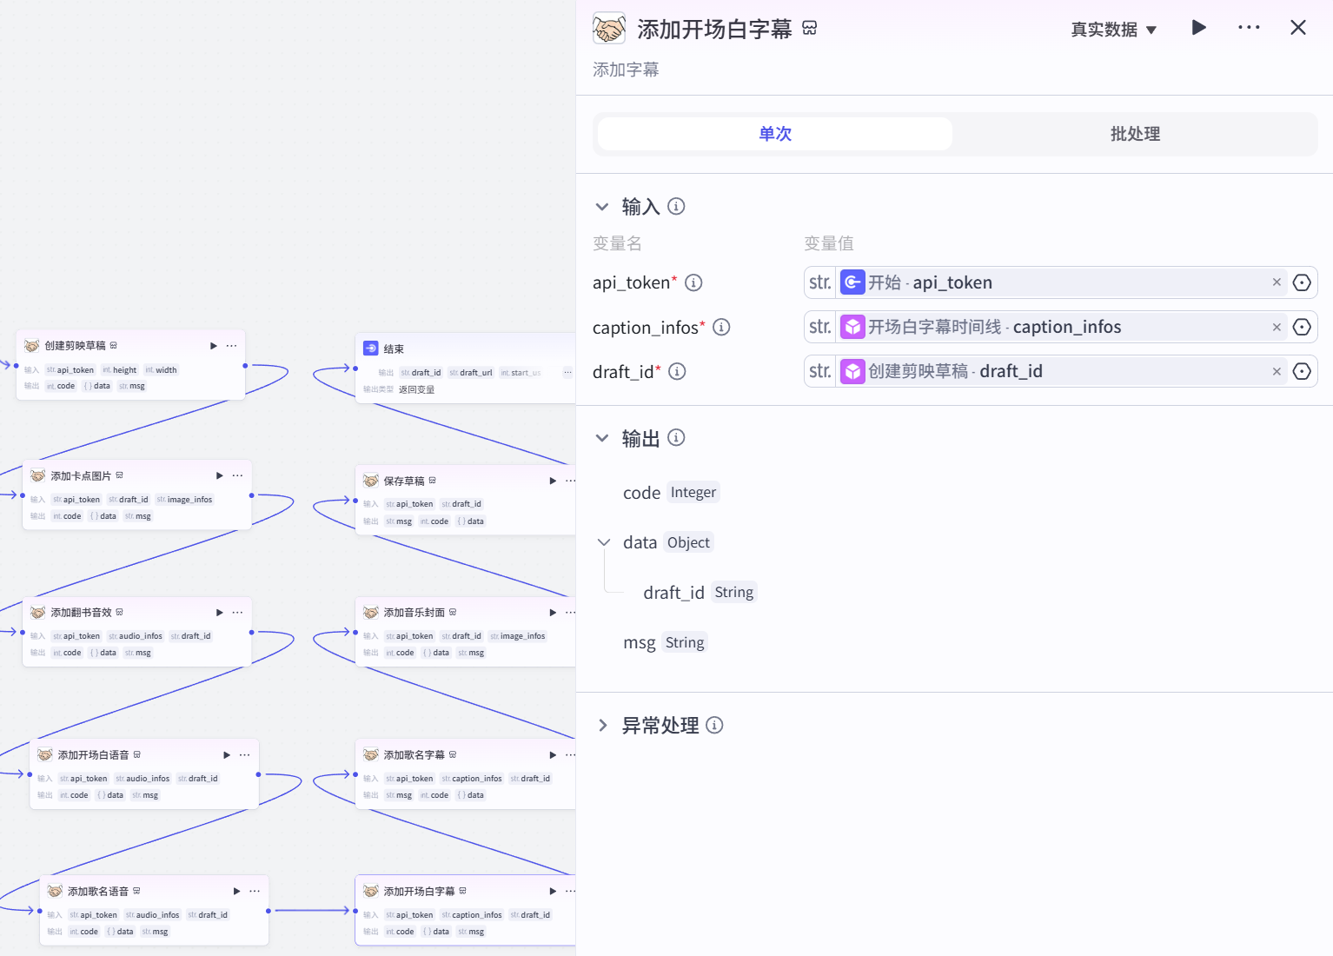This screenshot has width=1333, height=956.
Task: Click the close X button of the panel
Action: [1297, 28]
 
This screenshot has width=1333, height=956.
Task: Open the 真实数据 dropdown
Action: [1113, 30]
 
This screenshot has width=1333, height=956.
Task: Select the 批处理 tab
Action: [1134, 134]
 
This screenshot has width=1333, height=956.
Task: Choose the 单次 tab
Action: [775, 134]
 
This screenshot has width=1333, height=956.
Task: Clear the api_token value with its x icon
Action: [1277, 282]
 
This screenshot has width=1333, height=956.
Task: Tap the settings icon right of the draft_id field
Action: [1302, 371]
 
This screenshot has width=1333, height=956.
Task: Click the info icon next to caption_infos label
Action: [721, 327]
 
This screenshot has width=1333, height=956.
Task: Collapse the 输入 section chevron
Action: [602, 207]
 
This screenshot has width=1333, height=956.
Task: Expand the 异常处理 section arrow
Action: [602, 726]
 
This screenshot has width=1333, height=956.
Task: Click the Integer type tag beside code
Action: [693, 493]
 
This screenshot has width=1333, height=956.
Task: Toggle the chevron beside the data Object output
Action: [604, 542]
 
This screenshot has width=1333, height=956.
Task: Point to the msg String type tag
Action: [685, 642]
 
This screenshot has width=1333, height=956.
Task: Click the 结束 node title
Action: [394, 349]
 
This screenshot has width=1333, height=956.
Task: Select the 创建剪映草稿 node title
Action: [75, 346]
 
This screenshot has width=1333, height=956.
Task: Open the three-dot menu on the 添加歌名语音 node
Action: [255, 891]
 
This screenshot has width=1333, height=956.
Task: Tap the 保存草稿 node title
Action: [404, 481]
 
